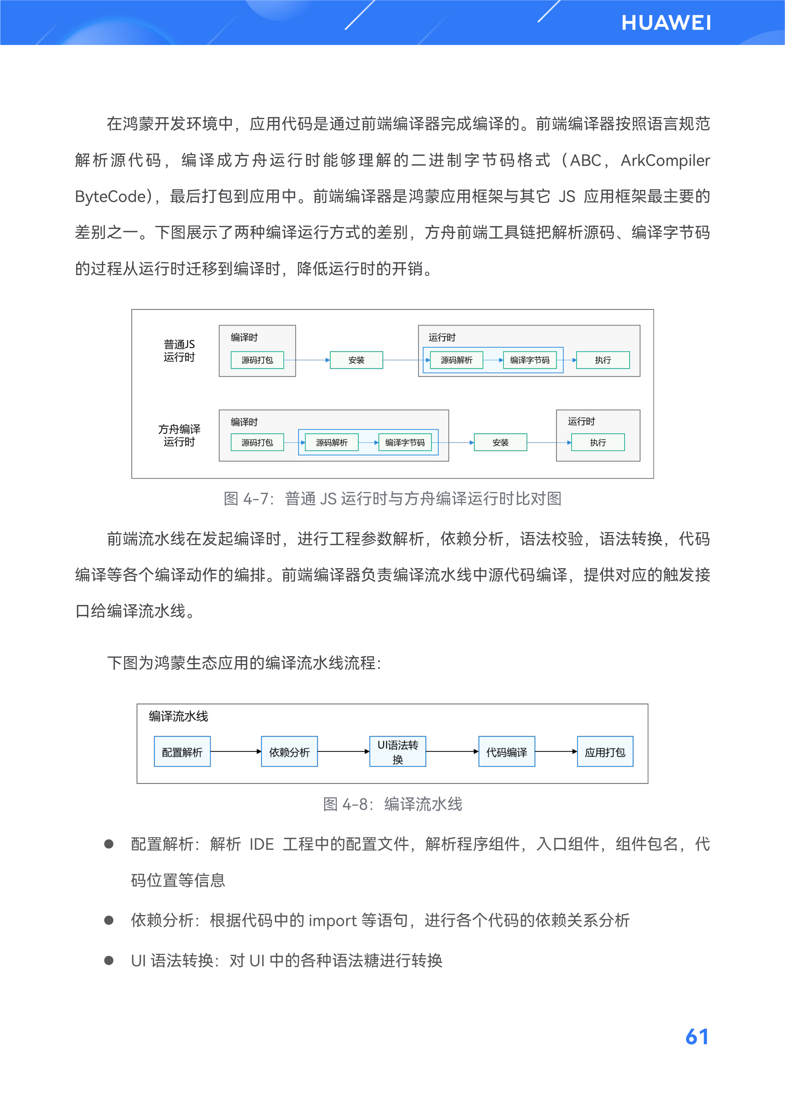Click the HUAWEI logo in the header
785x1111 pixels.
[666, 23]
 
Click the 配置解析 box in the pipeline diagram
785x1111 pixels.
[182, 751]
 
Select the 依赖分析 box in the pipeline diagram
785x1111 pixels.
[289, 751]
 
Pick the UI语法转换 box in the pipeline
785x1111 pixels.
[398, 751]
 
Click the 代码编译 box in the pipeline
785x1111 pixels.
[506, 751]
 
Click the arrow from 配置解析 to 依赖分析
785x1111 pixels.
[235, 751]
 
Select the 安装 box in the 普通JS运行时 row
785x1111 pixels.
[356, 360]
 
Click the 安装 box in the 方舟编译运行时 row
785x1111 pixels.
[500, 442]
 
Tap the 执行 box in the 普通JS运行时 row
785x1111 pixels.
[603, 360]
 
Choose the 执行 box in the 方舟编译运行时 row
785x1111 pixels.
[598, 442]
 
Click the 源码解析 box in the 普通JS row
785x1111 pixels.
[456, 360]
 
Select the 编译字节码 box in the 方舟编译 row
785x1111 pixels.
[404, 442]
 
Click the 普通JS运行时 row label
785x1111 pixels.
[179, 350]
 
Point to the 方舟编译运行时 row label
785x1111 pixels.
[179, 435]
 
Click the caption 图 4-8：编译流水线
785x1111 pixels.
[392, 804]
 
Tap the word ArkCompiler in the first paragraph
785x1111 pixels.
[665, 160]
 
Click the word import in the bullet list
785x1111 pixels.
[332, 920]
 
